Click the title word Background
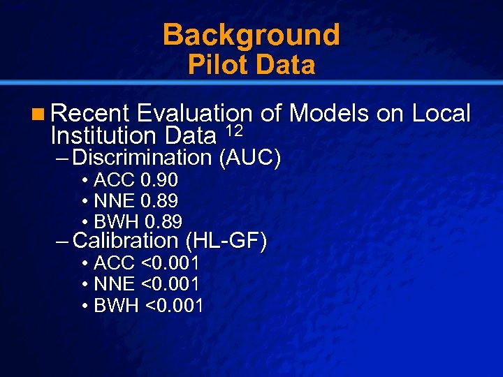(x=251, y=35)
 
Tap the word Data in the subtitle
(x=286, y=66)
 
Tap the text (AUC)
(x=249, y=158)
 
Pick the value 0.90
(x=159, y=180)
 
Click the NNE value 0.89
(x=160, y=201)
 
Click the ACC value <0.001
(x=170, y=264)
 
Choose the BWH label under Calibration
(x=117, y=306)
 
